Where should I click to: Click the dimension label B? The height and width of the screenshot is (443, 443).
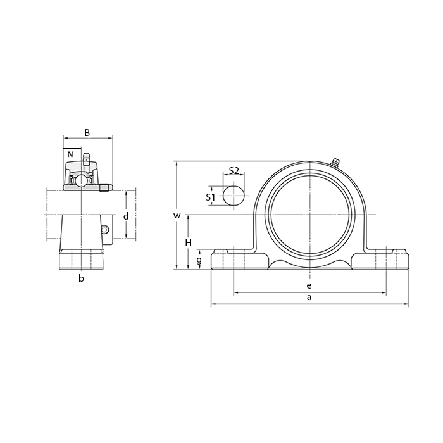(87, 132)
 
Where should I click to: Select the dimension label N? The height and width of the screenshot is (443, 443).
(70, 154)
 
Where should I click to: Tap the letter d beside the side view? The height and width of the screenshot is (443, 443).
(126, 216)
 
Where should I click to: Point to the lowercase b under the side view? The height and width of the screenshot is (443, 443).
(82, 278)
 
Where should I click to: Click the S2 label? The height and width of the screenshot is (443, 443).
(234, 170)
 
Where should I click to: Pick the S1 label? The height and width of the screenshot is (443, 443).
(211, 197)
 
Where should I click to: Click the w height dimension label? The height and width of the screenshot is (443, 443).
(177, 216)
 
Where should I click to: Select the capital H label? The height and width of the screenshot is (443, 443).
(189, 242)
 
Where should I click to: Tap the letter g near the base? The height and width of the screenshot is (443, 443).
(199, 260)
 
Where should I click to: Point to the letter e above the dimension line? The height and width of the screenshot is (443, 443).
(309, 285)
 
